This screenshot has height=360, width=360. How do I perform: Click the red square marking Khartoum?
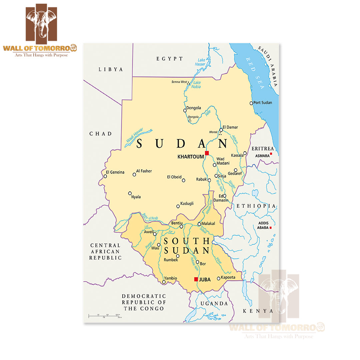point(207,153)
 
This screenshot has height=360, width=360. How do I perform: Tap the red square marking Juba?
point(196,279)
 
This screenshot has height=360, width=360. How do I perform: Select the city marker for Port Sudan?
point(251,103)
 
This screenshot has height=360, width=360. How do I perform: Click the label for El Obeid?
point(174,177)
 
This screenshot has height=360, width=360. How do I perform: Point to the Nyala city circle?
point(130,193)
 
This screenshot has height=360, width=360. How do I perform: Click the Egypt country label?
point(170,59)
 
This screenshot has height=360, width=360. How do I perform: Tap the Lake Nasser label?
point(200,62)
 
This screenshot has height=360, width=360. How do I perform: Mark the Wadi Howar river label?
point(138,137)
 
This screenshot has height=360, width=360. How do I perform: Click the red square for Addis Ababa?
point(271,228)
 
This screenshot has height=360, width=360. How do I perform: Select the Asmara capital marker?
point(271,154)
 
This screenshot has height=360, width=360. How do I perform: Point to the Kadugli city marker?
point(178,207)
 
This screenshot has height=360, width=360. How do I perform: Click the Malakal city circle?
point(199,224)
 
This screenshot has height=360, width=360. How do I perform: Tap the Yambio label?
point(170,278)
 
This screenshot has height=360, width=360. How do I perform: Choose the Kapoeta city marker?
point(219,278)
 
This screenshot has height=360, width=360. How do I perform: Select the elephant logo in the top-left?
point(41,22)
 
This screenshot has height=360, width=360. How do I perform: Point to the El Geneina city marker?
point(105,176)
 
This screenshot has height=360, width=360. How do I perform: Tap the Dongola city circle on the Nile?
point(185,110)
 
